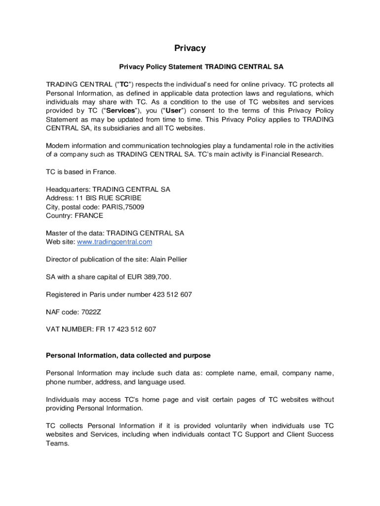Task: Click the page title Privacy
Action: point(190,48)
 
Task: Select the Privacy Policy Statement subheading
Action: point(201,67)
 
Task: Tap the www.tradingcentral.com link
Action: point(114,242)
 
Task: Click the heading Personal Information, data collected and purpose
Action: point(128,355)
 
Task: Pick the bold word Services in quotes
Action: point(120,111)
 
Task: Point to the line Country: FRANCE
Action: point(75,215)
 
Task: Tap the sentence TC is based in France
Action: point(81,172)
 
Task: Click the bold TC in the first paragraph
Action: point(125,84)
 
